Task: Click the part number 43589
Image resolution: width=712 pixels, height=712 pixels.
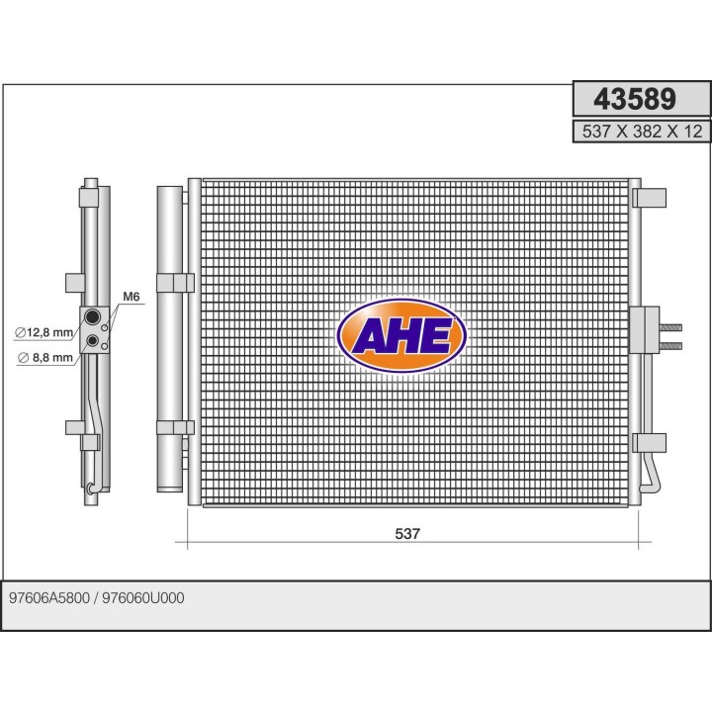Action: [x=634, y=99]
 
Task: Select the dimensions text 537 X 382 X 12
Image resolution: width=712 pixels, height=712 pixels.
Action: [x=642, y=132]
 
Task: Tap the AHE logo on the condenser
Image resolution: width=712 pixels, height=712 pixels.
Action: [x=401, y=335]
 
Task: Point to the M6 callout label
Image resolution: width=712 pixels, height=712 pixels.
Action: [x=132, y=297]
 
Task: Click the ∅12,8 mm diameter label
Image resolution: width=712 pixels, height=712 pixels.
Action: [x=44, y=332]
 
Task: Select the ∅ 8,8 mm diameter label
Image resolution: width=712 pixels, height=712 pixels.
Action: [x=45, y=358]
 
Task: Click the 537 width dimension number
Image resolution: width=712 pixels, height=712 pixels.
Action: [x=407, y=534]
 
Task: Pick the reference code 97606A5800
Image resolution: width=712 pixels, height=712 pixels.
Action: [x=49, y=598]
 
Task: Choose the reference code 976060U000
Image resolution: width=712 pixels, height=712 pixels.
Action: [x=143, y=598]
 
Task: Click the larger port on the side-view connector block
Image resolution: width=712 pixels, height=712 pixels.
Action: [x=93, y=316]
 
